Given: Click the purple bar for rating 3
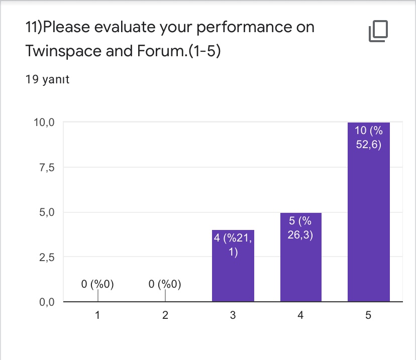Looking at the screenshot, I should [x=233, y=266].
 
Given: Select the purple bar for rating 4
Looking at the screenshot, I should [x=300, y=258].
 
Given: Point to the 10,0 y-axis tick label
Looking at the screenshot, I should [x=44, y=123].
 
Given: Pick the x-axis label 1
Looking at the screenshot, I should [x=98, y=316].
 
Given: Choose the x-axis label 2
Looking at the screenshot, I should [x=165, y=316].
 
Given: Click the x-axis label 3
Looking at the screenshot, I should [x=233, y=316].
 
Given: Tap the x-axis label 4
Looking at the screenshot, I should [x=300, y=316].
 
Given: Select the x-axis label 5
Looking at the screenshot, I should [x=368, y=316].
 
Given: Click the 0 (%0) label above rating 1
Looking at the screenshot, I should [x=98, y=285].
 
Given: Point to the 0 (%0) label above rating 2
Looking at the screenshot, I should [x=165, y=285].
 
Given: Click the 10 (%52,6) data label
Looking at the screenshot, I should [x=368, y=137].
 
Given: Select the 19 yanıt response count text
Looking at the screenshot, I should [x=47, y=79].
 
